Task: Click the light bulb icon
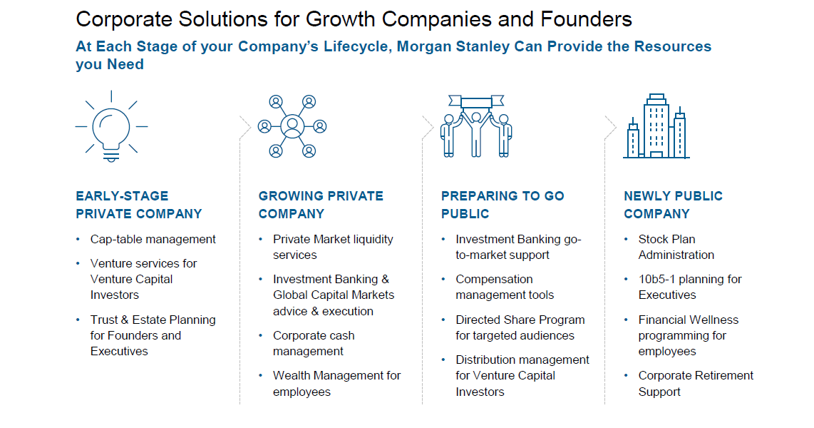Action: click(x=111, y=126)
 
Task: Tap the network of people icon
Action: click(x=292, y=126)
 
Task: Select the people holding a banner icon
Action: click(x=476, y=126)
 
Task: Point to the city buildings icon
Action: click(x=656, y=126)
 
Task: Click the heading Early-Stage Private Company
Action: click(x=138, y=205)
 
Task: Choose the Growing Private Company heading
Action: click(x=321, y=205)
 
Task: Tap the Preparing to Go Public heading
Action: click(x=503, y=205)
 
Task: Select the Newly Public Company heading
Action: click(x=674, y=205)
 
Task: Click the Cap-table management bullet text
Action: click(x=153, y=240)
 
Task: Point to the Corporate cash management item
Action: click(x=314, y=343)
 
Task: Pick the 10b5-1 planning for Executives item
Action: click(x=690, y=287)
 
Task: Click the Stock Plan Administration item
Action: click(x=676, y=247)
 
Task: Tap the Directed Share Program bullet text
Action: click(x=520, y=327)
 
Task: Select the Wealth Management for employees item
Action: click(x=337, y=383)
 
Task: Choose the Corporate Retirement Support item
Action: click(x=696, y=383)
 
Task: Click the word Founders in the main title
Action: click(x=586, y=19)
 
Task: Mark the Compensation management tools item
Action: click(x=505, y=287)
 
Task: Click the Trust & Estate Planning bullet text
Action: click(x=153, y=335)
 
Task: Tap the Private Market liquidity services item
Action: click(x=333, y=247)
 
